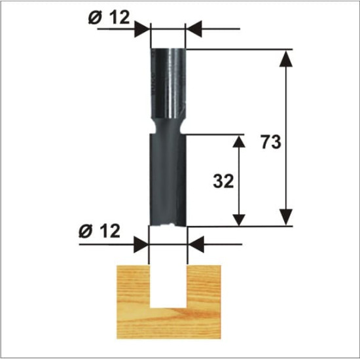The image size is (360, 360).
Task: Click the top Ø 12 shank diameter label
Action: click(x=109, y=18)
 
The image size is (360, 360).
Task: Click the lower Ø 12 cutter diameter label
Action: click(x=99, y=231)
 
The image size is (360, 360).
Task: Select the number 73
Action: click(x=271, y=141)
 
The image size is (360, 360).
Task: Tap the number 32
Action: click(x=223, y=181)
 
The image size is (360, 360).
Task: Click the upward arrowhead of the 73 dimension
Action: click(x=286, y=58)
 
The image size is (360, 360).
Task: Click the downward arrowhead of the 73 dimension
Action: click(x=286, y=217)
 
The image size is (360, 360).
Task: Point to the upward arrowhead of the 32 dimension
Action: click(x=239, y=141)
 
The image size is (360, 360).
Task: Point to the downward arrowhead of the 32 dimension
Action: click(x=239, y=220)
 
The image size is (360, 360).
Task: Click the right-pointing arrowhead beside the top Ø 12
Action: click(x=142, y=29)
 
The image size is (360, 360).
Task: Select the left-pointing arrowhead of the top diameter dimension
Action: click(x=193, y=29)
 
